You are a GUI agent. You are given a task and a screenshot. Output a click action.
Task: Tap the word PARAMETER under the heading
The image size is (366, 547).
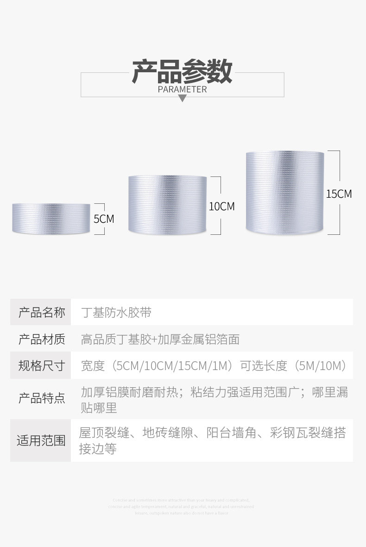[182, 89]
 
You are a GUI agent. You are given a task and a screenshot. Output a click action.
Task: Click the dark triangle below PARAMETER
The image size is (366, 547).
[182, 98]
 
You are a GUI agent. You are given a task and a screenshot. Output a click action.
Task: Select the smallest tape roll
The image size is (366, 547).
[51, 218]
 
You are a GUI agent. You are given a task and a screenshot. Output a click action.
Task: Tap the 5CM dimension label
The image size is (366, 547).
[104, 219]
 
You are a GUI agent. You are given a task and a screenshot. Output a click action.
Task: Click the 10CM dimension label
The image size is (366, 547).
[221, 206]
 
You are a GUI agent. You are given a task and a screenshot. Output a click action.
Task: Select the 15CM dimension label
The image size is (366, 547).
[339, 194]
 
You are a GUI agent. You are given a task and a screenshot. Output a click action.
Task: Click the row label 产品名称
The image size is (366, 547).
[41, 312]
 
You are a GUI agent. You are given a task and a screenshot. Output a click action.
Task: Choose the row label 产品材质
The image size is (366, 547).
[41, 339]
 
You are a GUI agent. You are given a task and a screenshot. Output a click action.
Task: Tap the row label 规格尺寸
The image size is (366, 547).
[41, 366]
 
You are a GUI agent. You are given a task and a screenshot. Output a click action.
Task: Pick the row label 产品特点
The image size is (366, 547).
[41, 398]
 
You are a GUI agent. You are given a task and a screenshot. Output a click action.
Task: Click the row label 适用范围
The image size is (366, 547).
[41, 440]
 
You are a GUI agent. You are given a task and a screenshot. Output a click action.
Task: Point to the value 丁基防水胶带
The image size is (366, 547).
[116, 312]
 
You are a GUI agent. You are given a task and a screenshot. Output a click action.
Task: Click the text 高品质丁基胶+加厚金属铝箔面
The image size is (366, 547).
[160, 339]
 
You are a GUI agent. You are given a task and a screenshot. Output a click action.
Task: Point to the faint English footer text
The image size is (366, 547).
[182, 506]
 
